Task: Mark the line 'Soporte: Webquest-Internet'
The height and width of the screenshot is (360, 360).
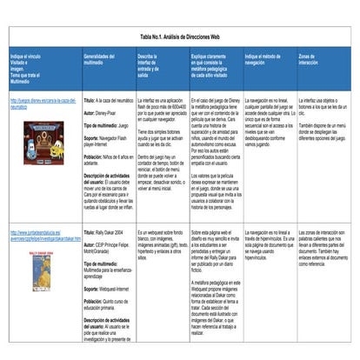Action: [x=110, y=286]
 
